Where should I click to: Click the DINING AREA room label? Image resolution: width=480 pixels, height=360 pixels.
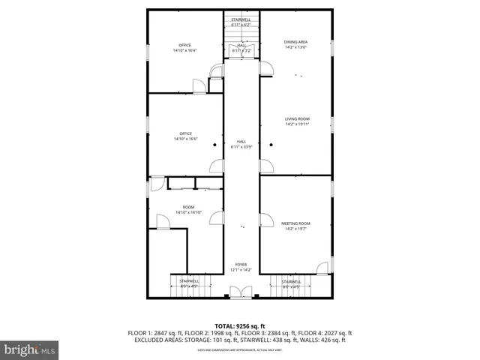point(295,42)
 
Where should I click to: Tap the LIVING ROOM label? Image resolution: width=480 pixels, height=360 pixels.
point(297,119)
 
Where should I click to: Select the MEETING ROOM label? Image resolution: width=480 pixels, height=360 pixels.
point(295,223)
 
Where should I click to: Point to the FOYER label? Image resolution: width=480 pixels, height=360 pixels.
point(241,265)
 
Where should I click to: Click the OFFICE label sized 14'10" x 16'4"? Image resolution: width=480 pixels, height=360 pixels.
point(184,46)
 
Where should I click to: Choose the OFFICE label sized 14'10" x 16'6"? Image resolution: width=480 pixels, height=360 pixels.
point(185,133)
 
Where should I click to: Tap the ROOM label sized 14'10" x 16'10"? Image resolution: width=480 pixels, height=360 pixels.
point(189,207)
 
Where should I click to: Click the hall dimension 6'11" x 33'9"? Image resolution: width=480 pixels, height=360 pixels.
point(241,146)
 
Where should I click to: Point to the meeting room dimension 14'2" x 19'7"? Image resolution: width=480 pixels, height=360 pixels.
point(295,228)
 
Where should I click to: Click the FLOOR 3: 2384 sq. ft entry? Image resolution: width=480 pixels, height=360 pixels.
point(268,333)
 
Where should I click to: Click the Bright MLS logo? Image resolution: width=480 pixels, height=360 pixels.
point(30,349)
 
